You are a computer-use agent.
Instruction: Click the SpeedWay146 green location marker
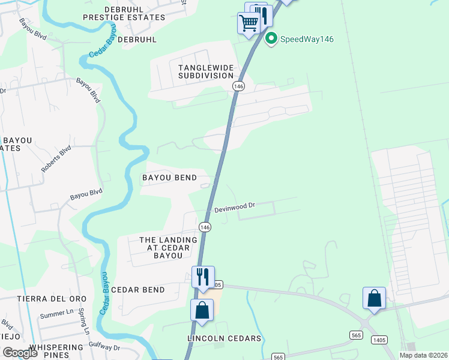point(271,40)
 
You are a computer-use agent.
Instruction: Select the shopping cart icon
point(249,24)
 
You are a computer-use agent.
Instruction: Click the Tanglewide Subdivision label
point(206,71)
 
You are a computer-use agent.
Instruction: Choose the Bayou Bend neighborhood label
point(169,178)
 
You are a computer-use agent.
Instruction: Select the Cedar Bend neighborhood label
point(138,290)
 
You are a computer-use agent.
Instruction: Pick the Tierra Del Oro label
point(52,299)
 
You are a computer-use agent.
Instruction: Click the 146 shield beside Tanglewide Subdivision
point(239,86)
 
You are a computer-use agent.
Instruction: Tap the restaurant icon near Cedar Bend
point(202,277)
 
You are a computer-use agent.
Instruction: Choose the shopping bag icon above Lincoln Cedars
point(202,311)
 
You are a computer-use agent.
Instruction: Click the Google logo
point(20,353)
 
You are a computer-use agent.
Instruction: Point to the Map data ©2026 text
point(423,355)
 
